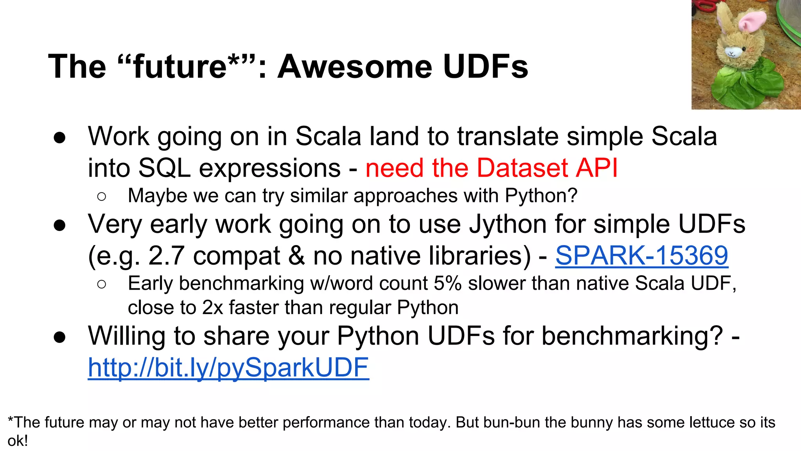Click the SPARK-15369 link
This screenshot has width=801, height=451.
(x=641, y=256)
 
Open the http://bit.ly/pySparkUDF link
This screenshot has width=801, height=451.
(x=228, y=368)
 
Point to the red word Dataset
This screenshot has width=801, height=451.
(x=522, y=168)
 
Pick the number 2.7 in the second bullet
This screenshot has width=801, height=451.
(x=166, y=256)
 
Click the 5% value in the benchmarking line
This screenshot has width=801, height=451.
(x=448, y=283)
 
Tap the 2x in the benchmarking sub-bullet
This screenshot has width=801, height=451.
(x=213, y=308)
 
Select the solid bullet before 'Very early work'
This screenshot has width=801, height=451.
(x=60, y=225)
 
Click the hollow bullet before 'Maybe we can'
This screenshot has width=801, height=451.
(x=102, y=196)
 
